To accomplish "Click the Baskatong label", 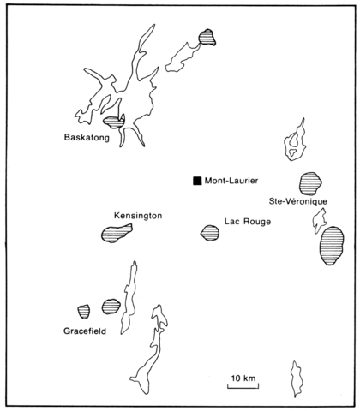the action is click(x=87, y=138).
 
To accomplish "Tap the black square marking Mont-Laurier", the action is click(x=197, y=181).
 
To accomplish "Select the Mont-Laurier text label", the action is click(x=231, y=181).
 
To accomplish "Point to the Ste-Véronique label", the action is click(x=298, y=201).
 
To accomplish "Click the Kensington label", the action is click(x=138, y=216).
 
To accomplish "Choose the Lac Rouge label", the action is click(x=248, y=222).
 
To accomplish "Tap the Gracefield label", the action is click(x=85, y=331).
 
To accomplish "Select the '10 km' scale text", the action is click(x=243, y=378).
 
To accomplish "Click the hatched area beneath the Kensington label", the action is click(x=116, y=233).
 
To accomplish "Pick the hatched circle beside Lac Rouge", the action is click(x=210, y=233).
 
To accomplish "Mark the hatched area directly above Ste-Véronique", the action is click(x=310, y=183).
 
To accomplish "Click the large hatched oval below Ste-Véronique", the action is click(x=332, y=246).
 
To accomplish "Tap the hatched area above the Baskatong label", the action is click(x=113, y=122).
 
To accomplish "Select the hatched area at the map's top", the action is click(x=207, y=37).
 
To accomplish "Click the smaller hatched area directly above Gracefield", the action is click(x=84, y=312).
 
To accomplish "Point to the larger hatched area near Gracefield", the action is click(x=111, y=307).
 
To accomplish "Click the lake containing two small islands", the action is click(x=296, y=141).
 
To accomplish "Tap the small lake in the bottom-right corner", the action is click(x=297, y=379).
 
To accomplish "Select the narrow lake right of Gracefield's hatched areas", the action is click(x=129, y=297).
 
